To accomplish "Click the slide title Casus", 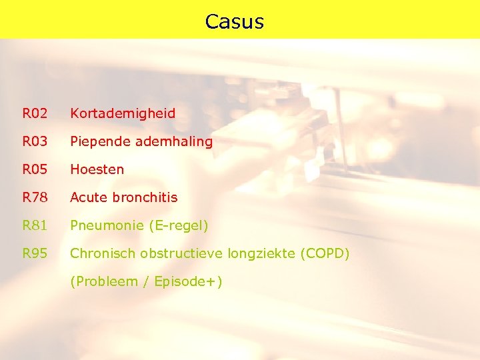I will tap(235, 21).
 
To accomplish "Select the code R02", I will tap(35, 113).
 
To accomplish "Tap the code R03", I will tap(35, 141).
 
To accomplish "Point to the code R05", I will tap(35, 169).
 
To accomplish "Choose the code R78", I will tap(35, 197).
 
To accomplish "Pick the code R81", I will tap(35, 226).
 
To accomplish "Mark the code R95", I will tap(35, 254).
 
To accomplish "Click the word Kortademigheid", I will tap(123, 113).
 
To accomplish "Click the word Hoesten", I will tap(97, 169).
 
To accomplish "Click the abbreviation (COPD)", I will tap(325, 254).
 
